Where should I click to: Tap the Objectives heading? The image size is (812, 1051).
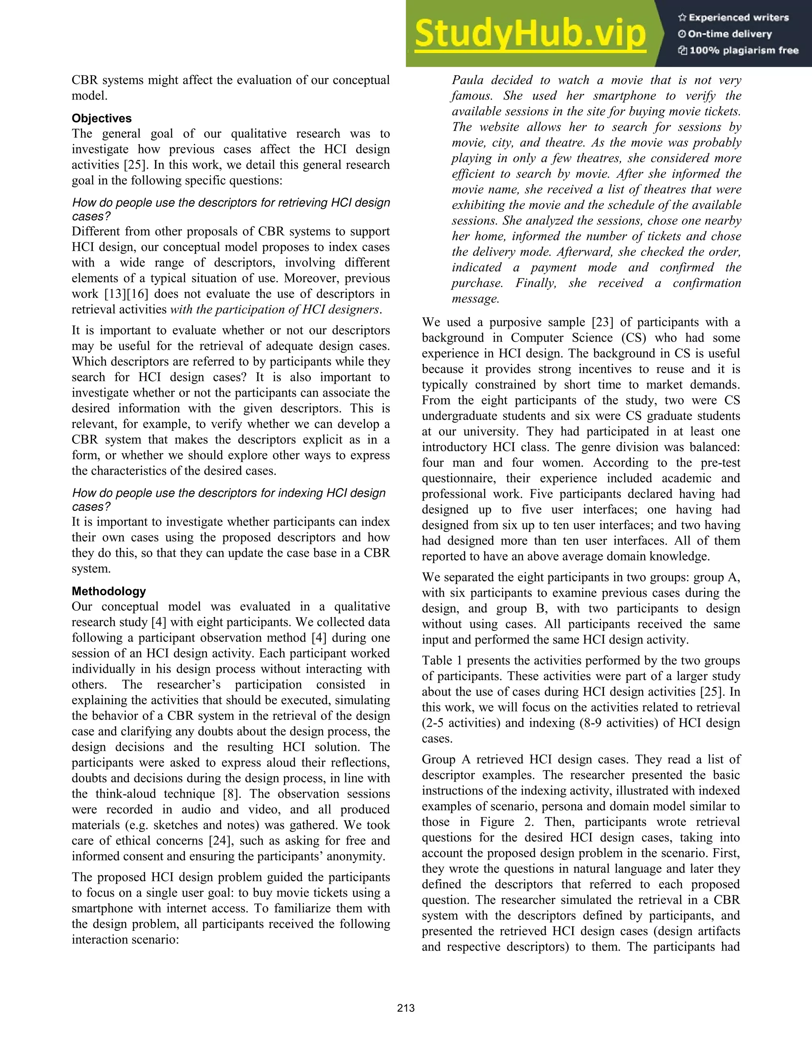101,118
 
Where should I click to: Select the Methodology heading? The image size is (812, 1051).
109,591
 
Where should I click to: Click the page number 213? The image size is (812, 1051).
406,1008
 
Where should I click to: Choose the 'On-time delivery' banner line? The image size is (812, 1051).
729,34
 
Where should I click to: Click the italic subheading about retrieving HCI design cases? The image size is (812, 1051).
231,209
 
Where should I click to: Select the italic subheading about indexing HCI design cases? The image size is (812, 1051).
229,499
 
